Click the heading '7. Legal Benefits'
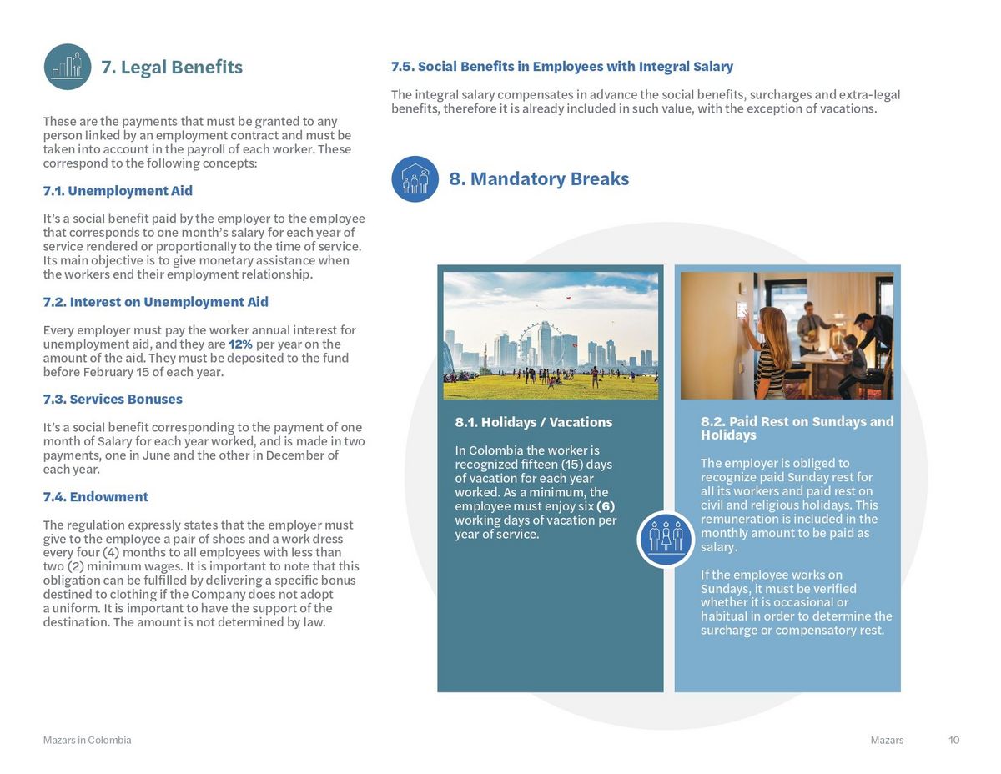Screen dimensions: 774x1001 (x=172, y=68)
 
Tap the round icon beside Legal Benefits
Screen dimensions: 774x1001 (x=68, y=67)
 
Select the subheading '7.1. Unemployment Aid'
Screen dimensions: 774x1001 (x=118, y=191)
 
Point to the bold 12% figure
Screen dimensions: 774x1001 (x=240, y=344)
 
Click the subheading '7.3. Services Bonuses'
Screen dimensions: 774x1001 (x=113, y=399)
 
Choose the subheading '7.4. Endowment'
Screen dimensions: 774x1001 (x=95, y=496)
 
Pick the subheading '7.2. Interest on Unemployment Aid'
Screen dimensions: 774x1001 (x=155, y=302)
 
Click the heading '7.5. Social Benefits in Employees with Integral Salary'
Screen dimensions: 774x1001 (x=562, y=67)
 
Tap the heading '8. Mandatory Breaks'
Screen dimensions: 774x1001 (x=539, y=178)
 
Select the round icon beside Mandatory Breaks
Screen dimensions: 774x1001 (x=415, y=179)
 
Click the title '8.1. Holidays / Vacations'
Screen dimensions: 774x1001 (x=534, y=422)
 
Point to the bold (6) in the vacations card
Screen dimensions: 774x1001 (x=606, y=506)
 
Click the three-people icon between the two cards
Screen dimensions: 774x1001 (x=666, y=539)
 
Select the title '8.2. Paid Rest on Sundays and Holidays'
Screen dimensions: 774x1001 (x=797, y=428)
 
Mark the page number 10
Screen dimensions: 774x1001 (x=954, y=741)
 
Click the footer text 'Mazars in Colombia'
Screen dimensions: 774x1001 (x=87, y=741)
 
